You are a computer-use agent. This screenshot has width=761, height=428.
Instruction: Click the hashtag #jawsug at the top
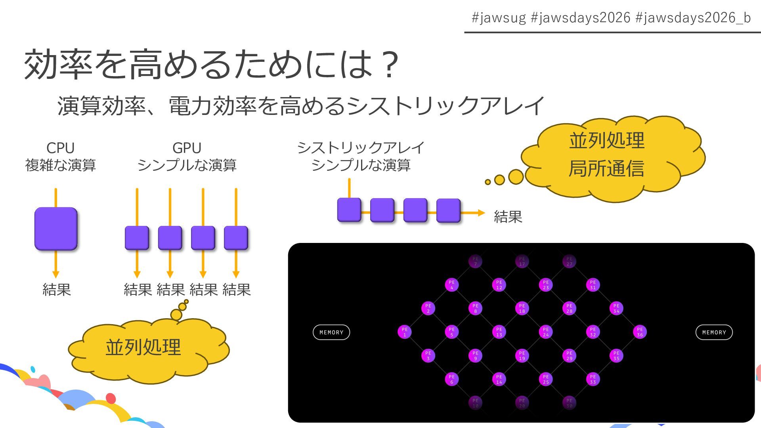pyautogui.click(x=499, y=18)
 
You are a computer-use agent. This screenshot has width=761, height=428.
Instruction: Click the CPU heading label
pyautogui.click(x=60, y=148)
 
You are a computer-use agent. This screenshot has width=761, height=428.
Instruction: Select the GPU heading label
pyautogui.click(x=187, y=148)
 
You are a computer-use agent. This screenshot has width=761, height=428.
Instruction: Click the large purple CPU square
pyautogui.click(x=56, y=229)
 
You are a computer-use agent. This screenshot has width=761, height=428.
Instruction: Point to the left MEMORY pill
pyautogui.click(x=331, y=332)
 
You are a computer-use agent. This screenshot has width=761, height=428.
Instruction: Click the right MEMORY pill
pyautogui.click(x=714, y=332)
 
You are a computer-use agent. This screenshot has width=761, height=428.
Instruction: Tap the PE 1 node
pyautogui.click(x=404, y=332)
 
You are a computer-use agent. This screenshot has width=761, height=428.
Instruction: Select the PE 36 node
pyautogui.click(x=640, y=332)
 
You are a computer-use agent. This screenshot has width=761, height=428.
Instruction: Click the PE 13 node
pyautogui.click(x=499, y=332)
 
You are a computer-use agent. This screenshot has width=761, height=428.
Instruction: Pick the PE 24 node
pyautogui.click(x=546, y=332)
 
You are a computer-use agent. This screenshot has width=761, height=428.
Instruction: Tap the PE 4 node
pyautogui.click(x=451, y=285)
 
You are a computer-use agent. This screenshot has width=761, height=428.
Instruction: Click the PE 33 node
pyautogui.click(x=593, y=379)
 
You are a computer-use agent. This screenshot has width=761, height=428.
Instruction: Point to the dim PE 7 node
pyautogui.click(x=475, y=261)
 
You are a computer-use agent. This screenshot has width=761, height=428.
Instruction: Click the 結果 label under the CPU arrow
pyautogui.click(x=56, y=290)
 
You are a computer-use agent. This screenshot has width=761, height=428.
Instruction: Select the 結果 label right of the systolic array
pyautogui.click(x=508, y=217)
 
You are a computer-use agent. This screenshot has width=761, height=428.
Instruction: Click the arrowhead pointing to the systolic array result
pyautogui.click(x=481, y=213)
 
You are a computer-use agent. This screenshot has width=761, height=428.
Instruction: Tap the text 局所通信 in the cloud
pyautogui.click(x=606, y=168)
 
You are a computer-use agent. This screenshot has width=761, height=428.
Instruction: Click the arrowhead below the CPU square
pyautogui.click(x=56, y=274)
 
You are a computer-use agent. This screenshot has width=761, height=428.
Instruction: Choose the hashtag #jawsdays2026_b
pyautogui.click(x=693, y=18)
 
